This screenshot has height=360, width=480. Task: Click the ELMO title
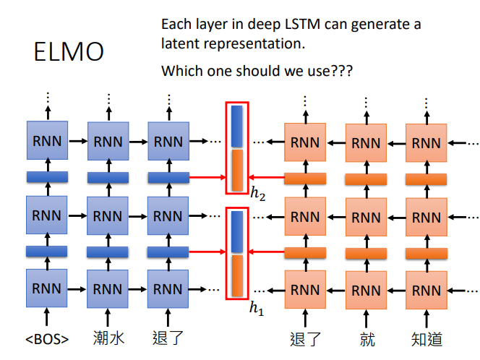coord(69,51)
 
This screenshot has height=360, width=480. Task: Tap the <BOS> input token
coord(47,339)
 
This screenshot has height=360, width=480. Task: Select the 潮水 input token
coord(108,338)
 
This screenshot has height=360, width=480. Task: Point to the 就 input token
coord(367,339)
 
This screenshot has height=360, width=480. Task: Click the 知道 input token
coord(427,339)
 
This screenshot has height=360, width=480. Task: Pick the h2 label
coord(258,194)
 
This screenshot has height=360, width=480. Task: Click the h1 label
coord(257,308)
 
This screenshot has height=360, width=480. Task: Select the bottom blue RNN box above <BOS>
coord(46,288)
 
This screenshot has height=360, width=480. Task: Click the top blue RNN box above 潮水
coord(108,141)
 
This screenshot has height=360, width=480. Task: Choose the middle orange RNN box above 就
coord(366,217)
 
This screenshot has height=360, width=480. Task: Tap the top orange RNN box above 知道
coord(426,142)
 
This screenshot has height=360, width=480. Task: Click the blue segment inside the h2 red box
coord(237,126)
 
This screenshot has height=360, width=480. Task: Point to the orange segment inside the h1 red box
coord(237,276)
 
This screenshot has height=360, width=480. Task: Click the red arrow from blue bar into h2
coord(207,177)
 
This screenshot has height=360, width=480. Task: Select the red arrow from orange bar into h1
coord(266,252)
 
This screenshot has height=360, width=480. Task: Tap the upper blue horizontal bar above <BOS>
coord(47,177)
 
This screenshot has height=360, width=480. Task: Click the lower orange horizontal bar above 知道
coord(427,254)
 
